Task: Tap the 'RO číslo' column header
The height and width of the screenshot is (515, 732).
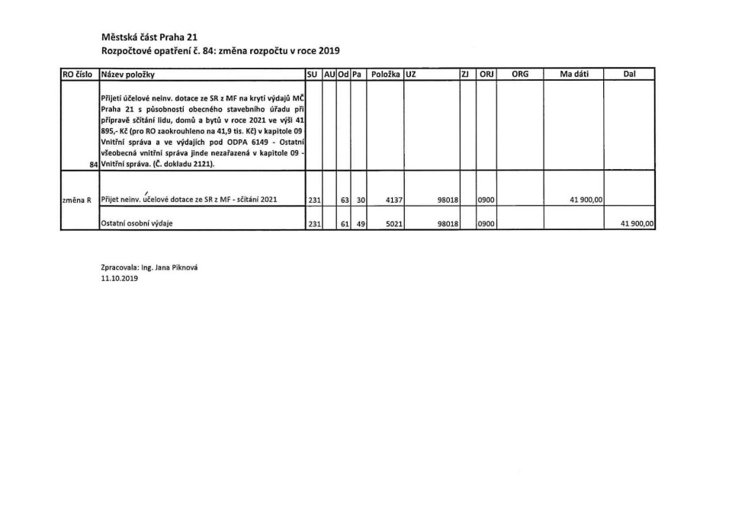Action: coord(77,75)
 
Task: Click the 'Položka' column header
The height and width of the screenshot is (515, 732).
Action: coord(385,75)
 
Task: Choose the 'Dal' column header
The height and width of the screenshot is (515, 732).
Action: coord(629,75)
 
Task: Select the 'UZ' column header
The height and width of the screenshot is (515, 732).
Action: coord(411,75)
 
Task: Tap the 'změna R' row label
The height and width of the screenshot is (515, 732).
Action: coord(77,200)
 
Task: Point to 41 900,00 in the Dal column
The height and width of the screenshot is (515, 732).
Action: coord(638,224)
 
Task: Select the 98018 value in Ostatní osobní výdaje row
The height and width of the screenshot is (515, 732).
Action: coord(445,224)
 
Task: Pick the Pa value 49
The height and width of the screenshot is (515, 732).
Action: coord(361,224)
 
